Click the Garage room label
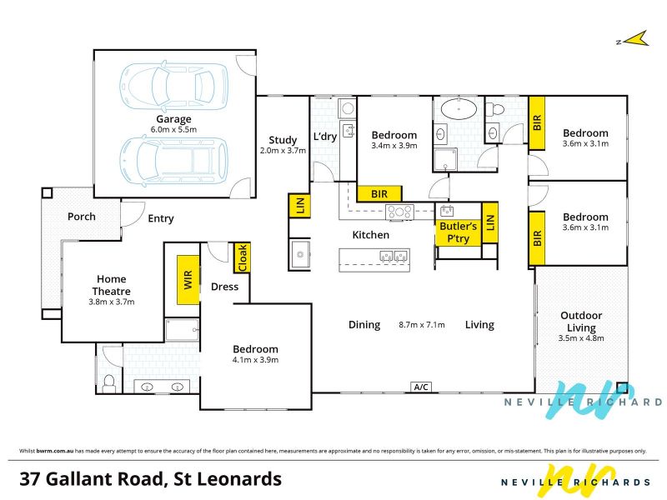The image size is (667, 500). (173, 119)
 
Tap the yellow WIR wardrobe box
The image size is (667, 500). (188, 280)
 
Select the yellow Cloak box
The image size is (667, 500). (242, 257)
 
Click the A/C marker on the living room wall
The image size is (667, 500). (421, 387)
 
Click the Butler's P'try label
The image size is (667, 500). (458, 232)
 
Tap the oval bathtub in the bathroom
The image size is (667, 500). (459, 109)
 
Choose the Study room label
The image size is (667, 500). (283, 140)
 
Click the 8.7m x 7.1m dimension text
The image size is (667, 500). (422, 325)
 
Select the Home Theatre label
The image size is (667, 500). (112, 285)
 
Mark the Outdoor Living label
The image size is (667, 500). (581, 322)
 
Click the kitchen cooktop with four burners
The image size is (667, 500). (399, 212)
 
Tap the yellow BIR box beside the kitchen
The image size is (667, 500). (379, 194)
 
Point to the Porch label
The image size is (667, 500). (81, 217)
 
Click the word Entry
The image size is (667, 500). (161, 219)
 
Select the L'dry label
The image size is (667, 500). (325, 137)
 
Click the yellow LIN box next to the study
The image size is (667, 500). (300, 206)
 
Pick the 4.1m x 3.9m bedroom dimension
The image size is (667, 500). (255, 360)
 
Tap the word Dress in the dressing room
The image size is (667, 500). (224, 287)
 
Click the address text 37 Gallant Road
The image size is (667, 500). (92, 478)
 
